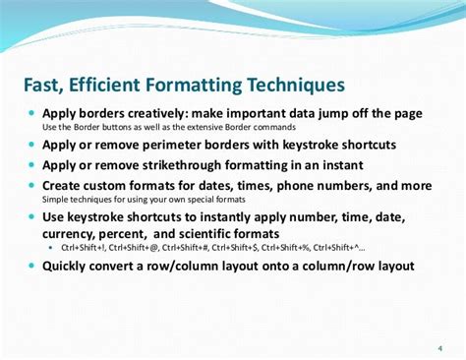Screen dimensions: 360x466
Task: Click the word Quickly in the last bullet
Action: tap(71, 266)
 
